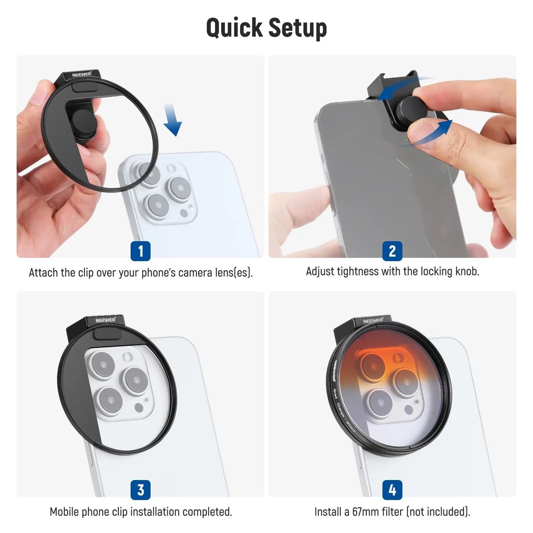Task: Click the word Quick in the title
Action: (234, 28)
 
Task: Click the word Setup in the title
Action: (298, 28)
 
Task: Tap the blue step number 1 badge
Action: (140, 251)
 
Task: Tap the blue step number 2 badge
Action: (392, 251)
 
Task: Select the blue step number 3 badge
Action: (140, 490)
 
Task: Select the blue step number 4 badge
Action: (392, 490)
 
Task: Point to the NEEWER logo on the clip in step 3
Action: (106, 320)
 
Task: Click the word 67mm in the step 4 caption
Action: (365, 512)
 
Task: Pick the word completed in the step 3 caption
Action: (207, 512)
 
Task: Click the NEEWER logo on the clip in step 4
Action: (373, 321)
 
